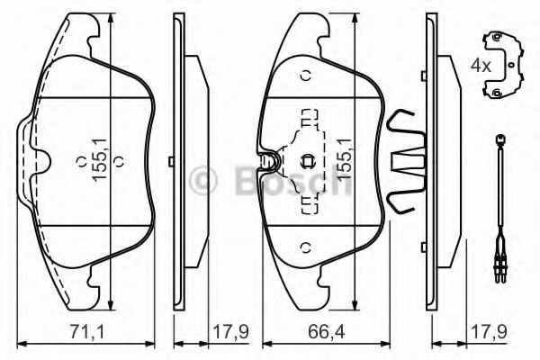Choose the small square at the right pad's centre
308,162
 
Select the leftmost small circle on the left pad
81,163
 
